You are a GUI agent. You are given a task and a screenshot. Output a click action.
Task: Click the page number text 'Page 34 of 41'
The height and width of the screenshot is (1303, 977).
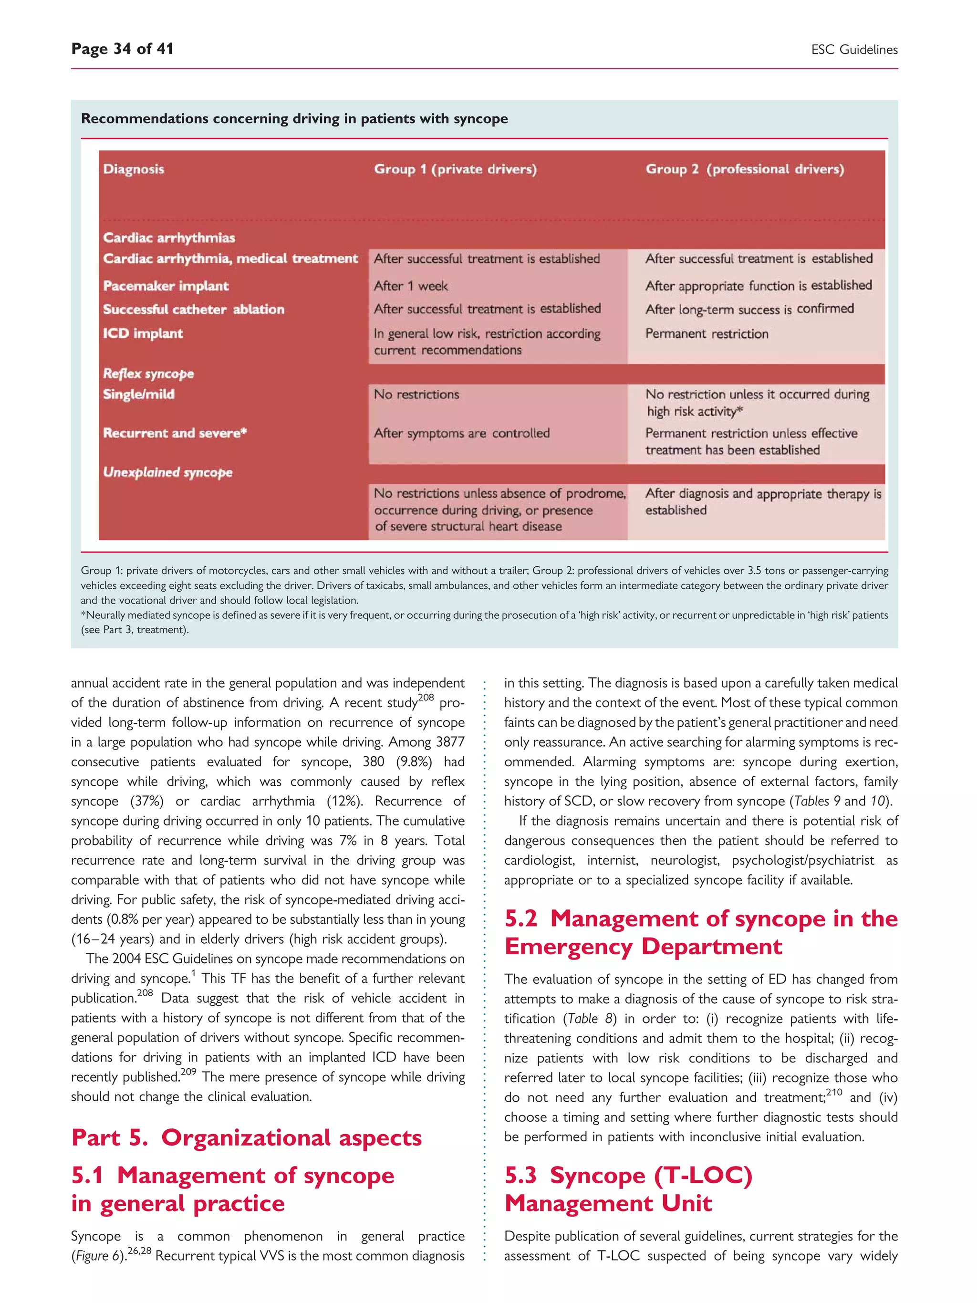(x=122, y=49)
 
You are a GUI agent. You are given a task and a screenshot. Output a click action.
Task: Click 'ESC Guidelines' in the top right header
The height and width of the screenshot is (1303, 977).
(x=854, y=50)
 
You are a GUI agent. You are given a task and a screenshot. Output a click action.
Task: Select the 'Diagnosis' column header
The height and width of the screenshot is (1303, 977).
(x=134, y=169)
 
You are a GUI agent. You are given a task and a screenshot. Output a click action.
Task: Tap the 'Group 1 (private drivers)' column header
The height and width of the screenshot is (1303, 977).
(x=455, y=169)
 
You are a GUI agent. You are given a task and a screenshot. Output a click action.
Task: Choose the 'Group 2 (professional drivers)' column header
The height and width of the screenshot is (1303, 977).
(x=744, y=169)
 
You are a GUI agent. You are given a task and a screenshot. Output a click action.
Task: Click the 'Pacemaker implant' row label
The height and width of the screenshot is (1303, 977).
(x=166, y=286)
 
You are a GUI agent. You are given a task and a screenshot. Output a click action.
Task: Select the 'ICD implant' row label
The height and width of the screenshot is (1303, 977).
(x=143, y=334)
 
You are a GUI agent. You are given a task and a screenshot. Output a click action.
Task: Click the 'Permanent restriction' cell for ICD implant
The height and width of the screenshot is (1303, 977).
(x=707, y=334)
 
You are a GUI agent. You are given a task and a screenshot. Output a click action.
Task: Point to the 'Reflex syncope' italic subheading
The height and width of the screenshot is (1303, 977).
(x=148, y=374)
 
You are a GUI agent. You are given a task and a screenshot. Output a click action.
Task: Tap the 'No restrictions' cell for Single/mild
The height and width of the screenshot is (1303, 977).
(x=416, y=395)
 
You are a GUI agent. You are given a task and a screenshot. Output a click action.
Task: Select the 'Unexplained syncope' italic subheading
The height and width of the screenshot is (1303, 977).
(x=167, y=472)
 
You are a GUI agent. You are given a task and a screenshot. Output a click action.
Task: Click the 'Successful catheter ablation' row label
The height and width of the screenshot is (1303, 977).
(x=193, y=309)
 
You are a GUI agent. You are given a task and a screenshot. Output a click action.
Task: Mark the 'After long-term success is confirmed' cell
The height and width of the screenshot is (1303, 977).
(x=749, y=309)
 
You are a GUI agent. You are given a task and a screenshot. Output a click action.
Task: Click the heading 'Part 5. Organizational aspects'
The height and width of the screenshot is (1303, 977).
(x=246, y=1137)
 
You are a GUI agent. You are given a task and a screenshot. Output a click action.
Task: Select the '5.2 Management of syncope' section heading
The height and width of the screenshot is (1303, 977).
(x=701, y=919)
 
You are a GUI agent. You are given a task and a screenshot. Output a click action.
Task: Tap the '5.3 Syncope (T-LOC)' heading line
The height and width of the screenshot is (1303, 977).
(x=628, y=1175)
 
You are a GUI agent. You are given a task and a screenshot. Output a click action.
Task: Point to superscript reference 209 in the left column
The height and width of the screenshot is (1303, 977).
(x=188, y=1072)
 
